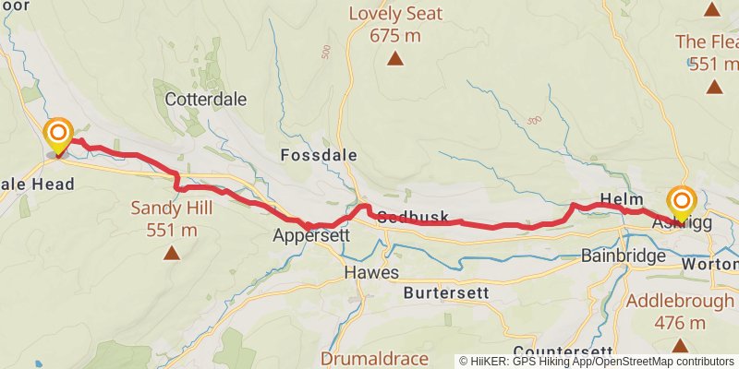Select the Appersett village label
point(311,235)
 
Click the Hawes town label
point(370,272)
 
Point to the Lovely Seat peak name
point(394,14)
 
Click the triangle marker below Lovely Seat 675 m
point(394,59)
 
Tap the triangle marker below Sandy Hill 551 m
point(171,252)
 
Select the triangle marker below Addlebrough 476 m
point(680,346)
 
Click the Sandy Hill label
point(171,208)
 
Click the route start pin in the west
point(59,136)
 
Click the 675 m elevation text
point(394,35)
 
